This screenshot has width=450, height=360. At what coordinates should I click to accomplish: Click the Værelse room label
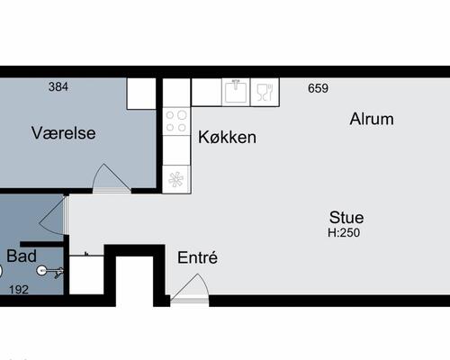coord(64,133)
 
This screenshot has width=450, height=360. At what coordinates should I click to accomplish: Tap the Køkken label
coord(227,138)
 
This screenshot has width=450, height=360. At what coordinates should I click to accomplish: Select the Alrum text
coord(372,119)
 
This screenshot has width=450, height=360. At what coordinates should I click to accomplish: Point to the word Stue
coord(346,217)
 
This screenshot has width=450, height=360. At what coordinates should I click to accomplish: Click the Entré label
coord(197,257)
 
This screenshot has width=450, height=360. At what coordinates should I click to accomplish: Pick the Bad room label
coord(22,256)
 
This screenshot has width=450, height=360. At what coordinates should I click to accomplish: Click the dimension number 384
coord(58,86)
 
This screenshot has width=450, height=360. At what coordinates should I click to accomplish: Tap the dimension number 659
coord(318,88)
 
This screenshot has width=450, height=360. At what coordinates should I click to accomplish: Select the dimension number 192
coord(19,290)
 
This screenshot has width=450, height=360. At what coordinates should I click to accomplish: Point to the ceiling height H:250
coord(344,232)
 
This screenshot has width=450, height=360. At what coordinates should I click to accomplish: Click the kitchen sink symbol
coord(236,92)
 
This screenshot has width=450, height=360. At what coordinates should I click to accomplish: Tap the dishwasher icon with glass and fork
coord(265,92)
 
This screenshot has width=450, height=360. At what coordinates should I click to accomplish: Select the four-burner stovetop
coord(176,121)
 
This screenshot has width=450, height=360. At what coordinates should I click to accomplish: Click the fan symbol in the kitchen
coord(175,179)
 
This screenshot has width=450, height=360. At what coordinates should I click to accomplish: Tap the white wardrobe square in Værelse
coord(141,94)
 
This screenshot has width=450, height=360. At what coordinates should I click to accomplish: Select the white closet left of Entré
coord(86,275)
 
